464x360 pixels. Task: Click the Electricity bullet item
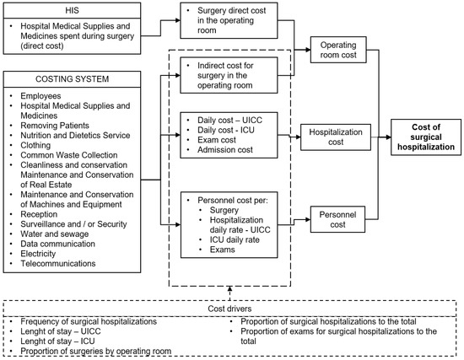click(38, 252)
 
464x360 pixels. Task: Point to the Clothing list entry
click(36, 142)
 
